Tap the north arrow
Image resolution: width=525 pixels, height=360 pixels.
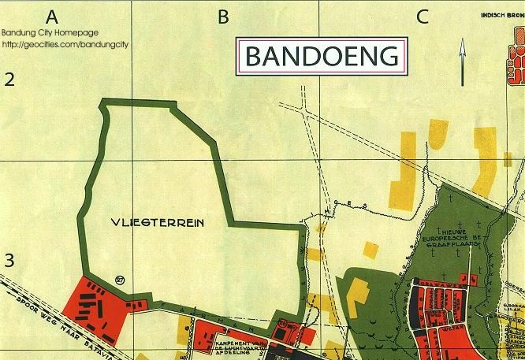pyautogui.click(x=461, y=64)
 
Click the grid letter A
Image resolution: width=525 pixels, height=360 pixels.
pyautogui.click(x=53, y=16)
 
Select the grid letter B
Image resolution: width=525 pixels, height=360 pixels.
pyautogui.click(x=223, y=16)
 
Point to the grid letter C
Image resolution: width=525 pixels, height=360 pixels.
pyautogui.click(x=423, y=16)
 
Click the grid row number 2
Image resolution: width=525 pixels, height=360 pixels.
pyautogui.click(x=10, y=79)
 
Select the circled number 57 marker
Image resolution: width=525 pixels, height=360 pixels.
pyautogui.click(x=120, y=279)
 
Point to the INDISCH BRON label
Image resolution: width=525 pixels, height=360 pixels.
pyautogui.click(x=501, y=14)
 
